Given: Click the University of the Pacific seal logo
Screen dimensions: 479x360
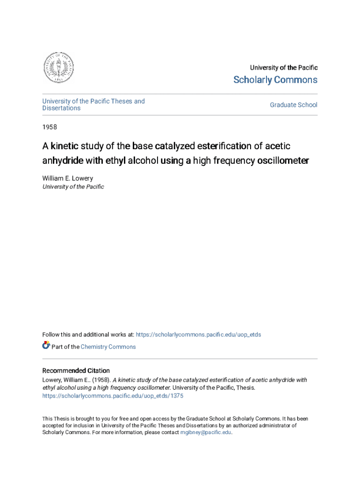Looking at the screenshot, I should pyautogui.click(x=58, y=67).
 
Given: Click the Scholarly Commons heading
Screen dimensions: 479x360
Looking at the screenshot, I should pyautogui.click(x=275, y=80).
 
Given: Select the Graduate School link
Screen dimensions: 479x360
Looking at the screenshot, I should pyautogui.click(x=293, y=105).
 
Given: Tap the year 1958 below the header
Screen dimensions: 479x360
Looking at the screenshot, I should pyautogui.click(x=50, y=127).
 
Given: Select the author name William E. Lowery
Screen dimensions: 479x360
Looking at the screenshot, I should pyautogui.click(x=68, y=178).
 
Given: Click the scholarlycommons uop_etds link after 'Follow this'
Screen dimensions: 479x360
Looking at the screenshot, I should pyautogui.click(x=198, y=334).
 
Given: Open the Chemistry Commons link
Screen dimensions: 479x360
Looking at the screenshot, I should pyautogui.click(x=108, y=347).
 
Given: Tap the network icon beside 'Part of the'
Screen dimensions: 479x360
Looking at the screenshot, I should pyautogui.click(x=46, y=346).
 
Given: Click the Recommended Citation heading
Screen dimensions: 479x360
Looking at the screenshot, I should pyautogui.click(x=76, y=370).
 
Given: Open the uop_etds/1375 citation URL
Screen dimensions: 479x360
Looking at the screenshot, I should pyautogui.click(x=113, y=396).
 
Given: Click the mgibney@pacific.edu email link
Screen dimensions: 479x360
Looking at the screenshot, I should pyautogui.click(x=206, y=432).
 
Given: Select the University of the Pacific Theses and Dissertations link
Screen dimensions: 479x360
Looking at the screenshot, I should pyautogui.click(x=94, y=105).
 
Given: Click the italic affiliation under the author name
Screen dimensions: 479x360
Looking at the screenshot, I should pyautogui.click(x=73, y=187).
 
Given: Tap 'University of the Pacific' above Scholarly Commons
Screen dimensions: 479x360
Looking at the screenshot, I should pyautogui.click(x=283, y=68).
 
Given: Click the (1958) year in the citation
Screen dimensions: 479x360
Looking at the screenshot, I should pyautogui.click(x=101, y=380).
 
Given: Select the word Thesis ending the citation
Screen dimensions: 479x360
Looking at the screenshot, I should pyautogui.click(x=246, y=388).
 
